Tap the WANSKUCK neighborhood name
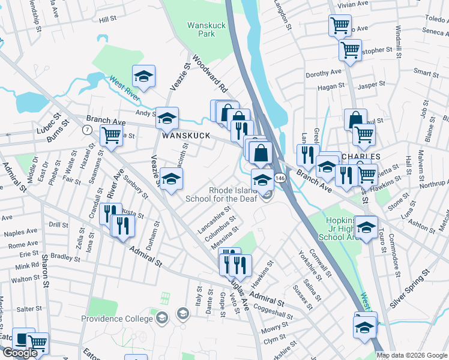(185, 136)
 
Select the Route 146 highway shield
(280, 178)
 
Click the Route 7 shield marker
(87, 130)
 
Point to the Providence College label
(118, 319)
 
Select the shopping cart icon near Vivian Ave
(340, 25)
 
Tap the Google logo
(20, 353)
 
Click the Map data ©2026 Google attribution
(411, 355)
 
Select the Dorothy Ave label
(323, 74)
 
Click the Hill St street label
(108, 20)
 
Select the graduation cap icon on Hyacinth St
(171, 178)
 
